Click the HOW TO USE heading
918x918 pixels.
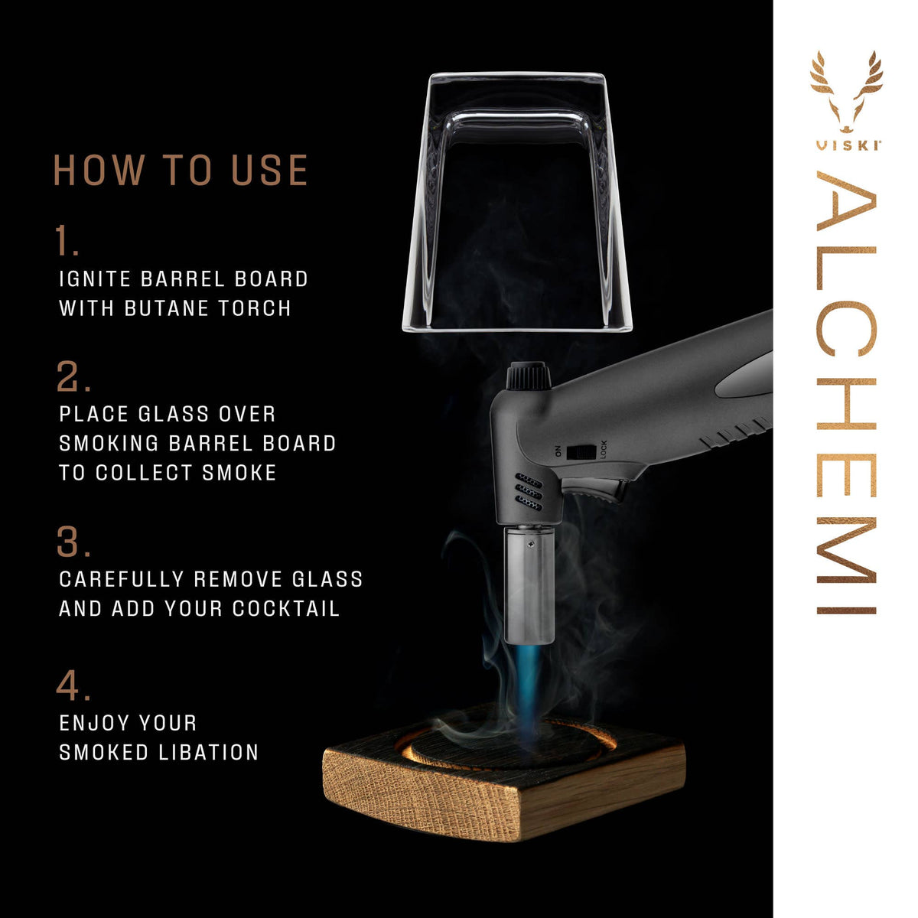pyautogui.click(x=181, y=171)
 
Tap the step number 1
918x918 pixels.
pyautogui.click(x=67, y=241)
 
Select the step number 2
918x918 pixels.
pyautogui.click(x=73, y=377)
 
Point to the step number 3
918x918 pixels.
pyautogui.click(x=73, y=543)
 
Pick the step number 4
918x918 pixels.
pyautogui.click(x=73, y=686)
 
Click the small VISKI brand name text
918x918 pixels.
pyautogui.click(x=846, y=145)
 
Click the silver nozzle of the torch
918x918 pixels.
pyautogui.click(x=529, y=584)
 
